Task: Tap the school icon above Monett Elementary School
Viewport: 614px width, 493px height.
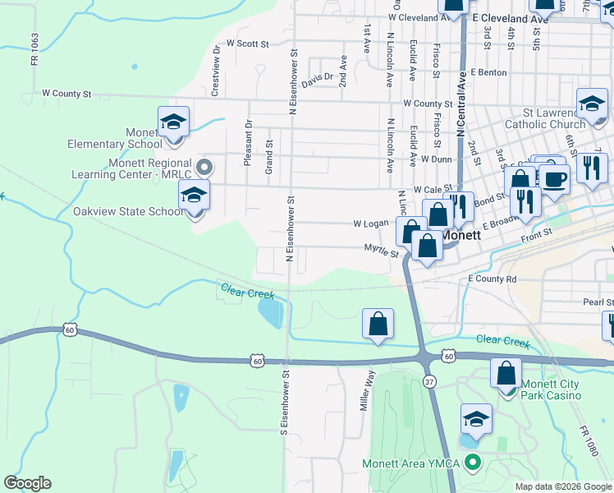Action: (x=173, y=123)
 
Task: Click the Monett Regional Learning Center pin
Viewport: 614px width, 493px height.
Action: (x=206, y=168)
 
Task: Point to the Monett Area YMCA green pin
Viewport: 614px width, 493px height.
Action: (x=471, y=463)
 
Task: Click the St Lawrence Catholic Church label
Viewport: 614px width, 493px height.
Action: (x=555, y=118)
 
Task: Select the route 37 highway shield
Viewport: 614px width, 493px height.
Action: (x=429, y=381)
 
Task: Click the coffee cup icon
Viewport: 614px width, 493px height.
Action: (x=554, y=179)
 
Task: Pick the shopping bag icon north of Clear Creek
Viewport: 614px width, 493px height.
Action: (x=378, y=325)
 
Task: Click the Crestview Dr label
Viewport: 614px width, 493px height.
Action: (x=216, y=71)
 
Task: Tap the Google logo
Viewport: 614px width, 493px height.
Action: (x=27, y=483)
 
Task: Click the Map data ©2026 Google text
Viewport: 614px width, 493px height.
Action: (x=563, y=486)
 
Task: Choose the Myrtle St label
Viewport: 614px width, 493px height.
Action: (x=381, y=249)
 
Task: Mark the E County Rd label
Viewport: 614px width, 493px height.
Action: (x=493, y=279)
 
